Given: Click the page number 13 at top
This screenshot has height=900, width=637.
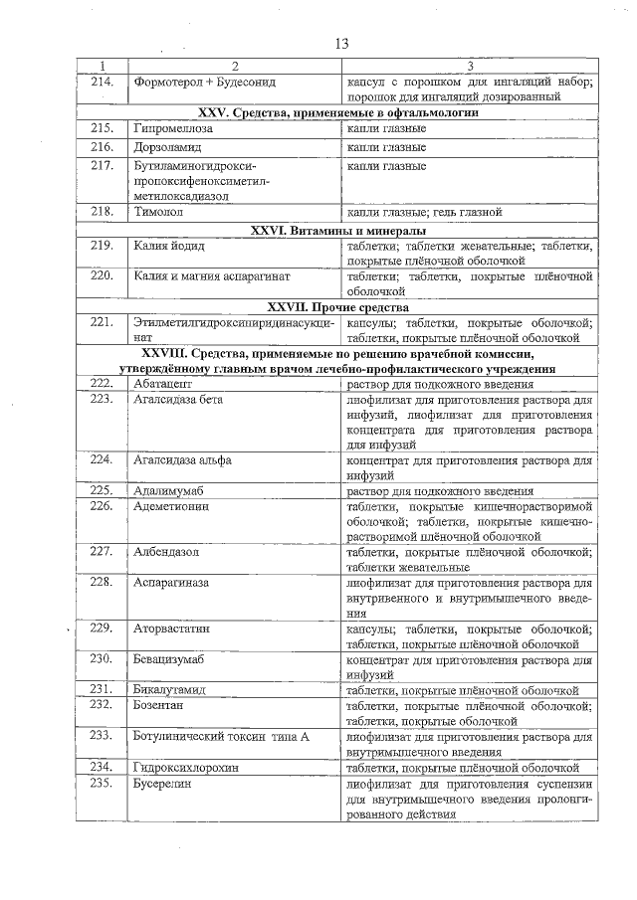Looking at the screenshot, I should click(x=340, y=44).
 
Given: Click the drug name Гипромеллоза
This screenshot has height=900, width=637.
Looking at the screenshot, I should click(x=171, y=129).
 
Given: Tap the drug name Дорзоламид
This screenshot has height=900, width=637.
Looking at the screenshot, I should click(x=167, y=147).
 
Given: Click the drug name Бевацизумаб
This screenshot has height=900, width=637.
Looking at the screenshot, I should click(x=168, y=658).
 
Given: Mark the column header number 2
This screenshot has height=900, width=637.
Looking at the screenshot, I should click(x=236, y=65).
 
